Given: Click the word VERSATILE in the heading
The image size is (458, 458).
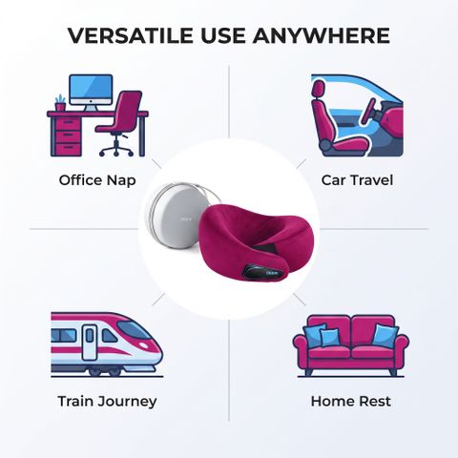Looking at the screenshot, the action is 130,35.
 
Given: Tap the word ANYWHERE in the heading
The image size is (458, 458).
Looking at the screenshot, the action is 322,35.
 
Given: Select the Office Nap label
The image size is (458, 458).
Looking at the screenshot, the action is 97,180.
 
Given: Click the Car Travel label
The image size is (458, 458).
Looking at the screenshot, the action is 357,180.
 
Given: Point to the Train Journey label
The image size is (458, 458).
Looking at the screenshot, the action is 107,402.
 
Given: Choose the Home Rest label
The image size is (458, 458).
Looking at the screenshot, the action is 351,401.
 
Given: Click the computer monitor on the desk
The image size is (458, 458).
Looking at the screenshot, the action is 91,93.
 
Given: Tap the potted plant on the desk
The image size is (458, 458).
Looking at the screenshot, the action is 60,103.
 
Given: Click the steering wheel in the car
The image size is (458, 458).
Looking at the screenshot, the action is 368,112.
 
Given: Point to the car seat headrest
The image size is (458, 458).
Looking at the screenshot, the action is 319,89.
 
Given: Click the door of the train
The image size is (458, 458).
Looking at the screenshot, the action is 89,343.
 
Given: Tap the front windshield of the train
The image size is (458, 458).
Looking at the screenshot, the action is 133,329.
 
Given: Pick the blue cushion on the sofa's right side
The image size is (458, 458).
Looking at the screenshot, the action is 385,336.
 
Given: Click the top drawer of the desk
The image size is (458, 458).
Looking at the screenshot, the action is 67,123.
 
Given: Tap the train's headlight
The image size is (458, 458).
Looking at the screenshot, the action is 144,345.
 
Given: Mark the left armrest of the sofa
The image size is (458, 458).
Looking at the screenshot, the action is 301,351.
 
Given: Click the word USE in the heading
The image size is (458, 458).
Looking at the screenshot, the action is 223,35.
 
